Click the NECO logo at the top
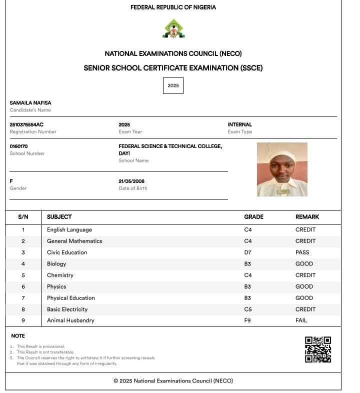173,29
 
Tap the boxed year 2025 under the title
173,85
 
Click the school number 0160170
19,146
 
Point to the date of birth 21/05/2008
131,181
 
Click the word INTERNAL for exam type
239,124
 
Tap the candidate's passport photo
282,169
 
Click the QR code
318,349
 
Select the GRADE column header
253,217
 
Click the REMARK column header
307,217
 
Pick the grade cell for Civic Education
247,252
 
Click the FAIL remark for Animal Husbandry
301,320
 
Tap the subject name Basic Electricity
67,309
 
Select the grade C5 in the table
247,309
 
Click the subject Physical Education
70,298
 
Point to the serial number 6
23,286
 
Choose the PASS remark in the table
302,252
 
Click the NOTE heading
18,336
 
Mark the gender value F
11,181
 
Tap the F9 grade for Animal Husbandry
247,320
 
